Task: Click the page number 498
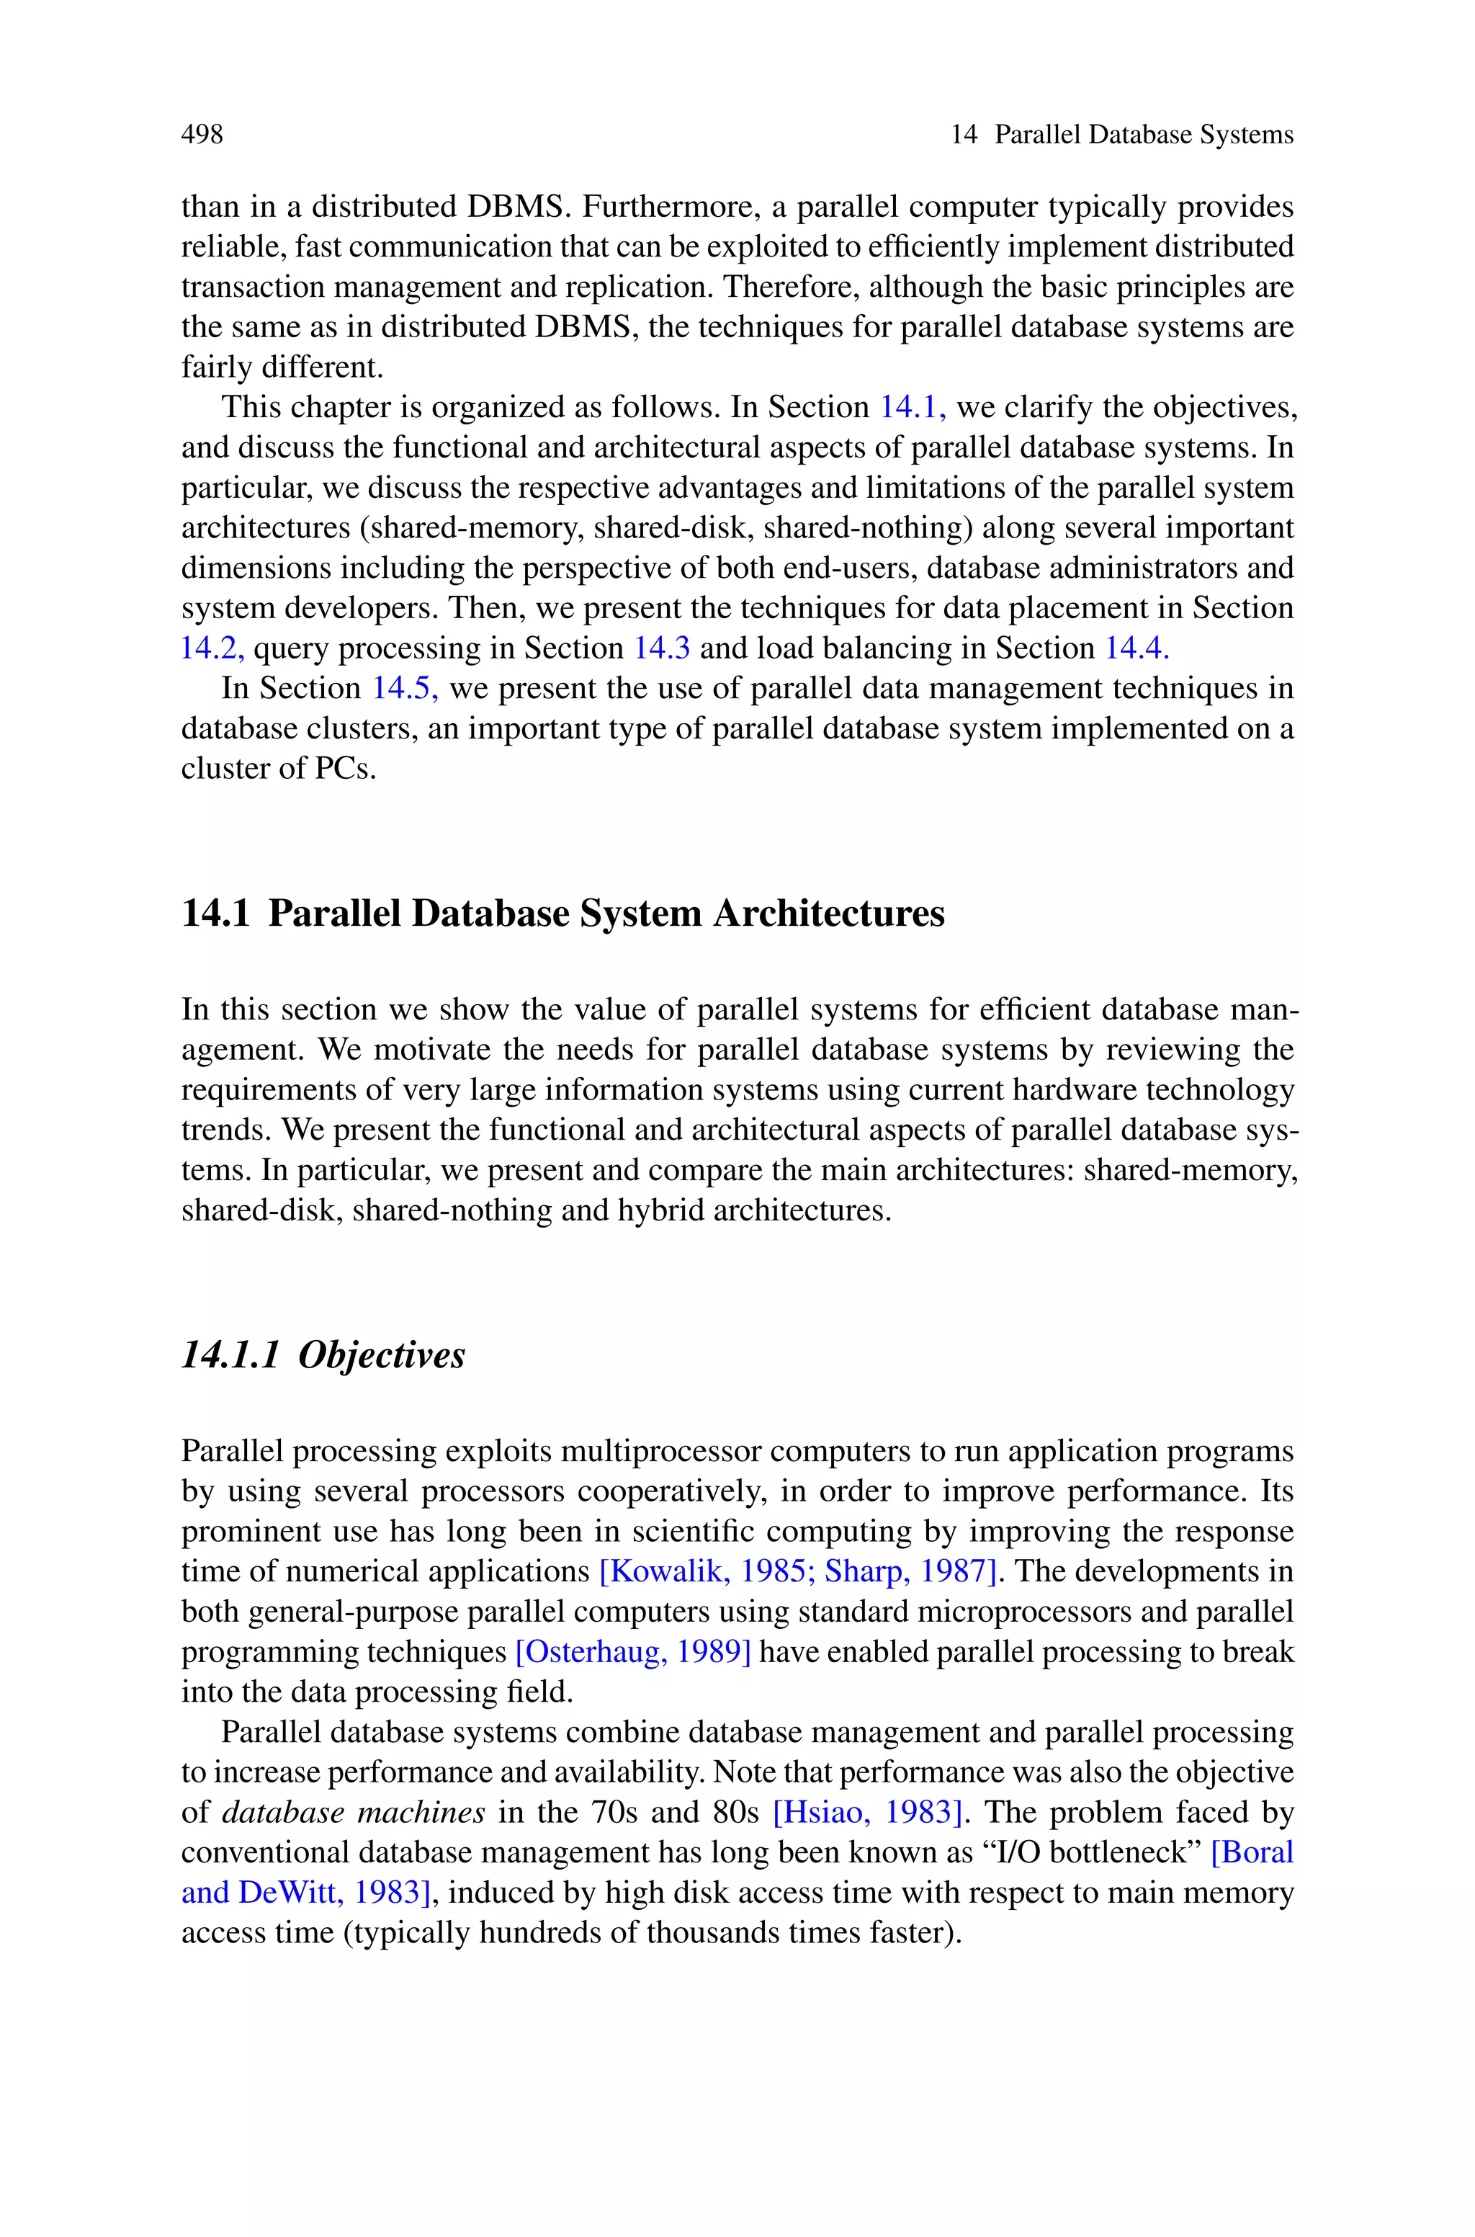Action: tap(202, 135)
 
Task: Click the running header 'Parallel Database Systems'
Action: tap(1144, 135)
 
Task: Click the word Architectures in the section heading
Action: tap(828, 914)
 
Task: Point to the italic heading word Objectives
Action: tap(381, 1354)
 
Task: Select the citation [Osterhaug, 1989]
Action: tap(633, 1652)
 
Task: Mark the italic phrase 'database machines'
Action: tap(353, 1812)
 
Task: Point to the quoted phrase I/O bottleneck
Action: tap(1092, 1852)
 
